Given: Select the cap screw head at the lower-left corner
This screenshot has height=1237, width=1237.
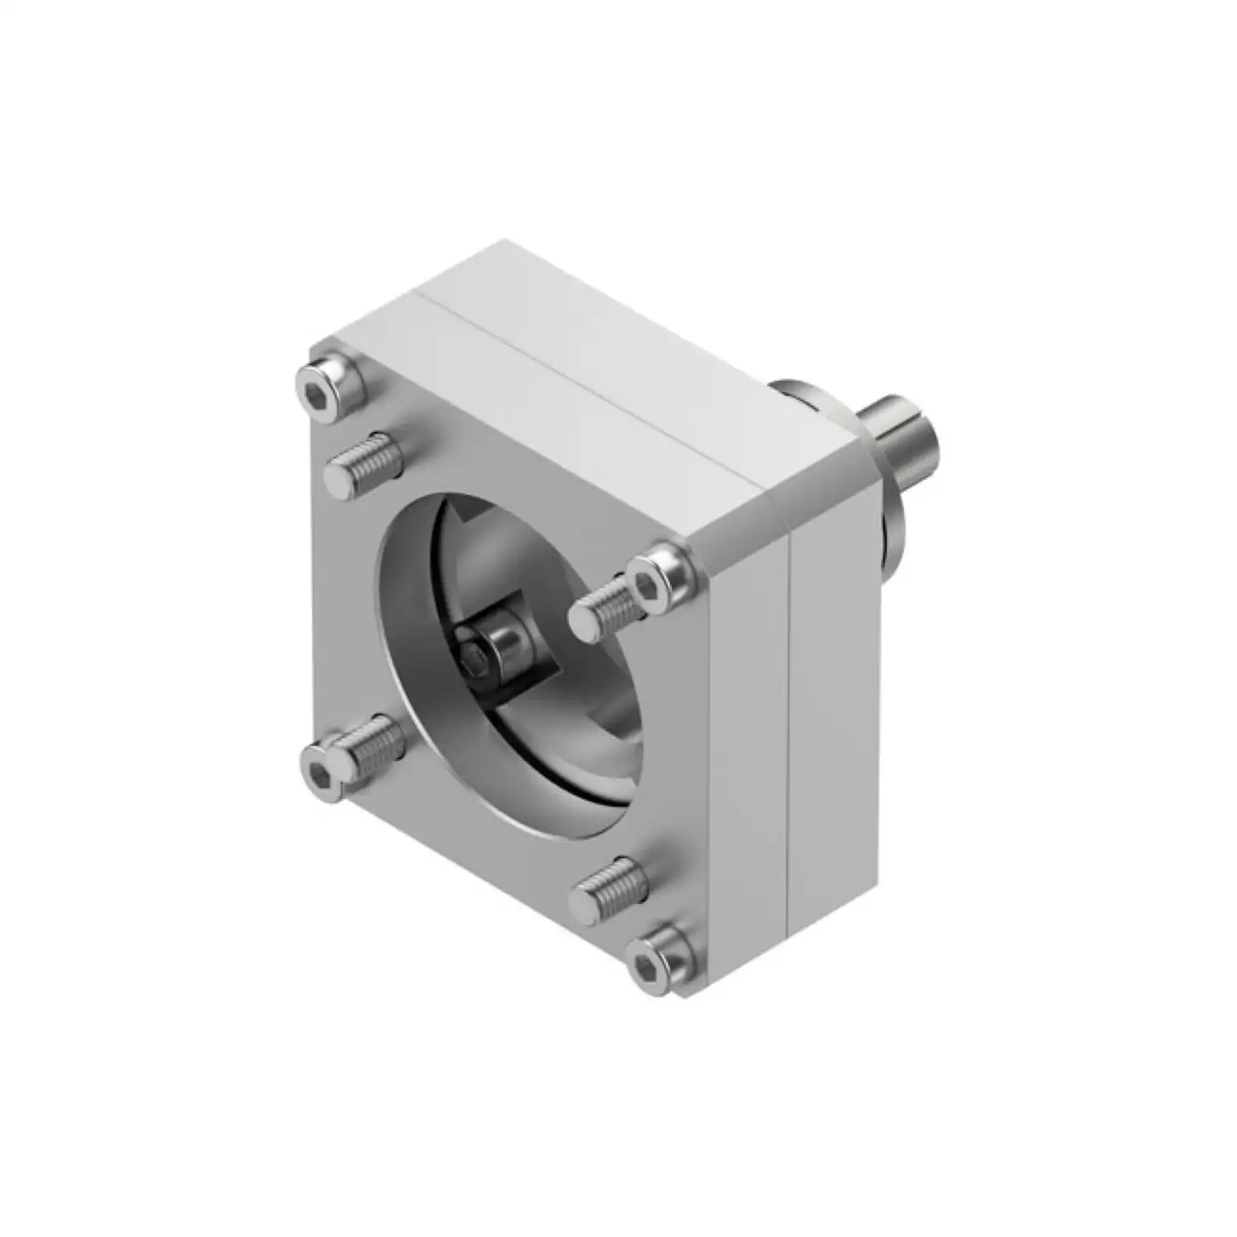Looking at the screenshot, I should click(x=320, y=770).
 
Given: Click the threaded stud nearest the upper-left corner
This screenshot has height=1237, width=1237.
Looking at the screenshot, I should click(x=363, y=463).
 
